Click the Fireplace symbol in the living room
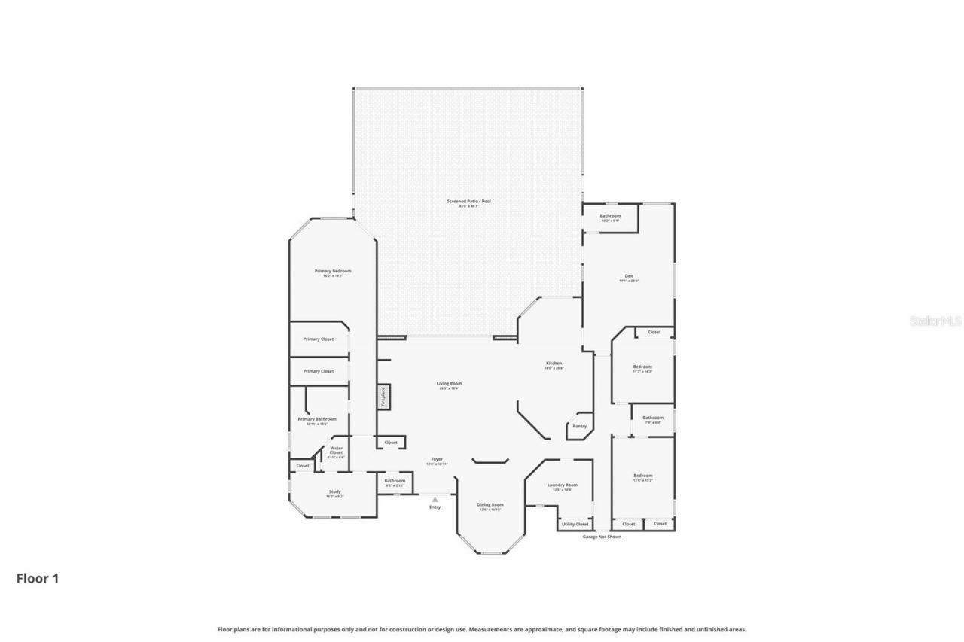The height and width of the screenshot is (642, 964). (x=383, y=397)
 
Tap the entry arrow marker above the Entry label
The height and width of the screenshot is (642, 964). (x=435, y=499)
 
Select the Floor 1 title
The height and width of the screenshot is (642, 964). (x=38, y=578)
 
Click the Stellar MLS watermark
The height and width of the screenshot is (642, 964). (x=935, y=321)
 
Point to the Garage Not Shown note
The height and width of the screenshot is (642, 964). (x=602, y=537)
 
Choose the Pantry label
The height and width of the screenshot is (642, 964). (x=579, y=426)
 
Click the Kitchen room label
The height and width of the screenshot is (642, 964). (x=554, y=364)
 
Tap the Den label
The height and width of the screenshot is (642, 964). (x=629, y=275)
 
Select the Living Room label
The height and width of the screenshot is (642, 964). (x=448, y=384)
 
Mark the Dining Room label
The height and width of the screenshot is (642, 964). (x=490, y=504)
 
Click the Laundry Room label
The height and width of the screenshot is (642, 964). (x=563, y=485)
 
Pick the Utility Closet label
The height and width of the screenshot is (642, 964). (x=575, y=524)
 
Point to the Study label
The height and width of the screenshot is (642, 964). (x=334, y=491)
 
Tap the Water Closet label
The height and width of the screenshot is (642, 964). (x=336, y=450)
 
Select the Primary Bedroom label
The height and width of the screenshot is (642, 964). (x=333, y=271)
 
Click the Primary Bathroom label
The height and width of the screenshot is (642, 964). (x=317, y=419)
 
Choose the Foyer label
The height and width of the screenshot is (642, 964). (x=437, y=458)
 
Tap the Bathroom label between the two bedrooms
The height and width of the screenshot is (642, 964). (x=653, y=418)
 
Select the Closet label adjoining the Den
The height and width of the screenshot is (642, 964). (x=654, y=332)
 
